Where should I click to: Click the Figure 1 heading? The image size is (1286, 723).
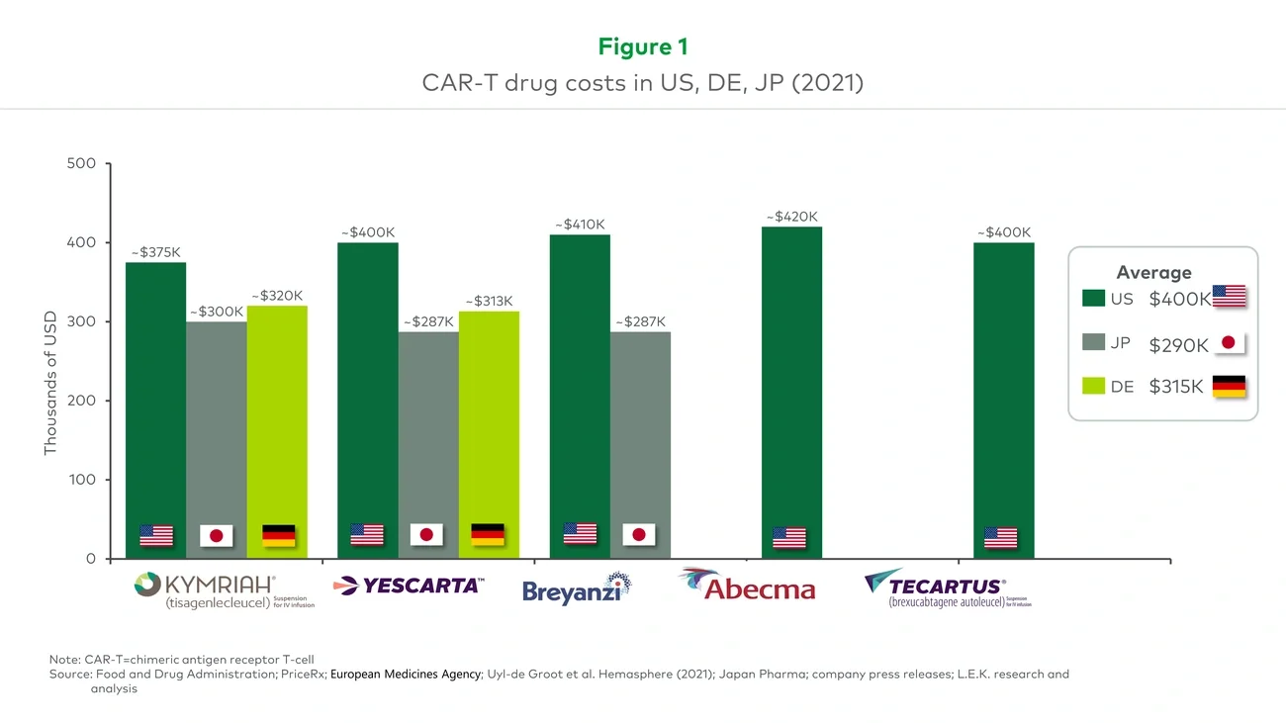click(x=642, y=46)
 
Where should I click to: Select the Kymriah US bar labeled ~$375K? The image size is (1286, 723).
click(x=155, y=406)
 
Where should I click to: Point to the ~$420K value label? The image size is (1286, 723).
click(x=791, y=217)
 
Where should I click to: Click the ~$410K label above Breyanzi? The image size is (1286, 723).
click(x=580, y=225)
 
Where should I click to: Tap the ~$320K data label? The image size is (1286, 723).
click(x=277, y=296)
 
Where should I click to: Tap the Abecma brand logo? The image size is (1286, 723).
click(x=748, y=586)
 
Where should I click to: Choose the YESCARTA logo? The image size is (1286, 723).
click(x=409, y=586)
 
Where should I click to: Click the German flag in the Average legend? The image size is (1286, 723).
click(x=1229, y=387)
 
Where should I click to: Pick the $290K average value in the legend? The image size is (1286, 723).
click(x=1178, y=345)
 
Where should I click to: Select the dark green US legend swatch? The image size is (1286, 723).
click(x=1093, y=299)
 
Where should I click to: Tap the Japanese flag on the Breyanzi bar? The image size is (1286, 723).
click(x=639, y=535)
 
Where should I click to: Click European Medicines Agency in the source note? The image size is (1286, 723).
click(x=406, y=675)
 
